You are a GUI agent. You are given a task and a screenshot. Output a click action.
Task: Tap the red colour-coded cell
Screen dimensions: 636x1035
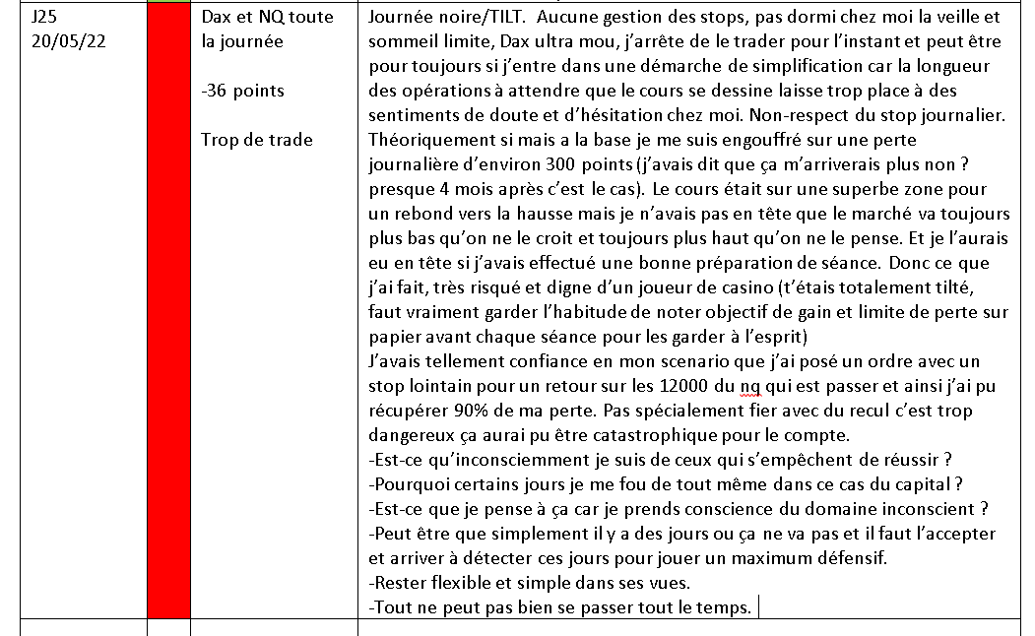coord(168,315)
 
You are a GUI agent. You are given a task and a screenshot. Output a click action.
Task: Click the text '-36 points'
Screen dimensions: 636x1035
coord(242,91)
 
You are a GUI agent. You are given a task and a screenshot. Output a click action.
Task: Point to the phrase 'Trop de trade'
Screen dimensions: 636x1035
coord(257,140)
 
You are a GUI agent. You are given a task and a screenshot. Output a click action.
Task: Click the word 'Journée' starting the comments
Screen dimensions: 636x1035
coord(400,17)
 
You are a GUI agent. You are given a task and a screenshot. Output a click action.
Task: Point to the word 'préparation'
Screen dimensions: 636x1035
coord(769,263)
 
